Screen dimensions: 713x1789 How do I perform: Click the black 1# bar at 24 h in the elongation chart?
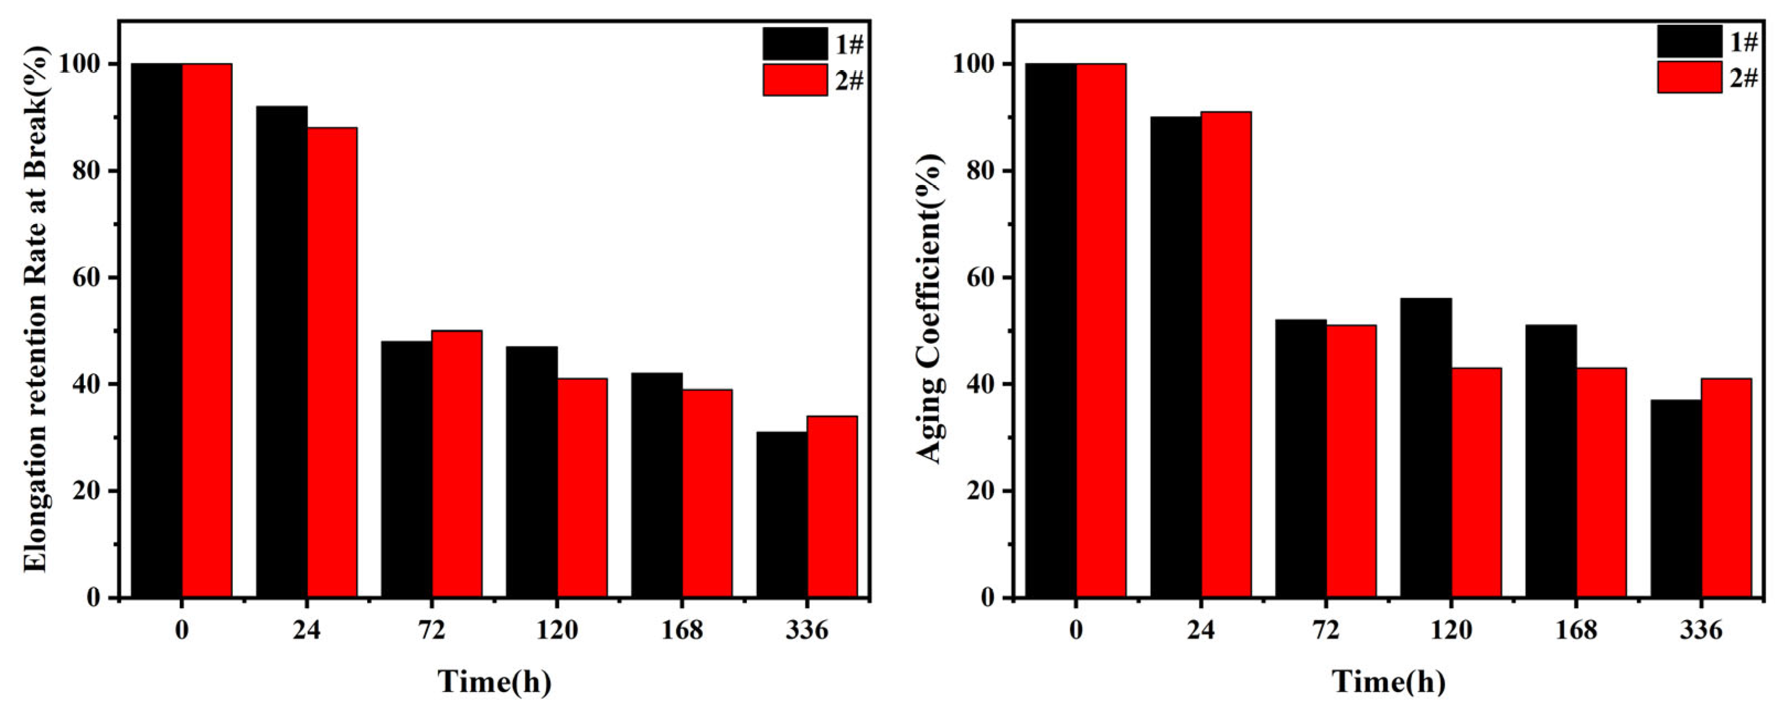coord(282,351)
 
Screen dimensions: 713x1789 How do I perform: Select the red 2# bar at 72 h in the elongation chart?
coord(457,464)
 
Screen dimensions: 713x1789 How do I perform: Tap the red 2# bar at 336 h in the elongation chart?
coord(832,507)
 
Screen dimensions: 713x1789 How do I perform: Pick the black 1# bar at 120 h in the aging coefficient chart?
coord(1426,448)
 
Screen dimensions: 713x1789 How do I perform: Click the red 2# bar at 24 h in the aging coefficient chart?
coord(1226,354)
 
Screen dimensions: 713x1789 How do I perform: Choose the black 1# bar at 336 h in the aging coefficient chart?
coord(1676,498)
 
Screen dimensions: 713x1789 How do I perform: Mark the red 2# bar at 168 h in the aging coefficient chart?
coord(1601,482)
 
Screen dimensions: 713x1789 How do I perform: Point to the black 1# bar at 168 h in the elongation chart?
coord(657,485)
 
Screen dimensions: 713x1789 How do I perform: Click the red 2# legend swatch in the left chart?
coord(795,80)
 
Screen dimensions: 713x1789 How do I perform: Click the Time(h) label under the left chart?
coord(494,682)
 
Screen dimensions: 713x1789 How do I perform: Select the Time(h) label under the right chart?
coord(1389,682)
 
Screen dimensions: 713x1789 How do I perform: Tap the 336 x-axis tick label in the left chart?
coord(807,630)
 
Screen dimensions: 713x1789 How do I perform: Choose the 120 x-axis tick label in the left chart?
coord(557,630)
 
